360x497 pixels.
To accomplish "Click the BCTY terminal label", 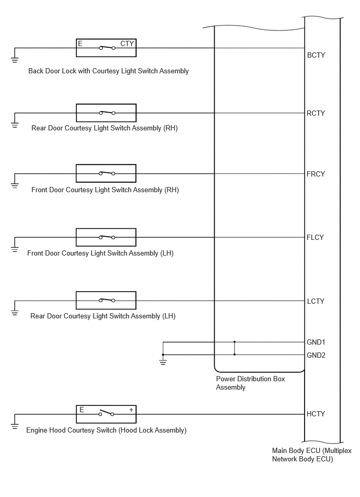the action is click(x=316, y=55).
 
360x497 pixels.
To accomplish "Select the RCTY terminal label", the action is click(x=316, y=113).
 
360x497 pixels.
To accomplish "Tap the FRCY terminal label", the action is click(x=316, y=174).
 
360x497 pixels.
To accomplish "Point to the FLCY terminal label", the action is click(x=315, y=237).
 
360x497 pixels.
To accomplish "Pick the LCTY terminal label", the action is click(x=316, y=301).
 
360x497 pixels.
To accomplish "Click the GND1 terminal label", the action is click(x=316, y=342).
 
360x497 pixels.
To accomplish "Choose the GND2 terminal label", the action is click(x=316, y=355).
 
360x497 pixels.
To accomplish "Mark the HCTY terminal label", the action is click(x=316, y=414).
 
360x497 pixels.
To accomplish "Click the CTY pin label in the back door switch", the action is click(x=127, y=44).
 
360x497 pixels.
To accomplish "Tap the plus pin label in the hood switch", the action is click(x=131, y=410).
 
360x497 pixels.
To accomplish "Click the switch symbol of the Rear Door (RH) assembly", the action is click(x=107, y=113).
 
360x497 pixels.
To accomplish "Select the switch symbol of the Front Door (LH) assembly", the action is click(x=107, y=237).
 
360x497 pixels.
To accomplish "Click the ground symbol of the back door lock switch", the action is click(x=15, y=60).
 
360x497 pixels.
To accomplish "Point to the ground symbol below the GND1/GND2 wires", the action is click(x=163, y=362).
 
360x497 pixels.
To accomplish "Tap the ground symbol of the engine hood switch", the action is click(x=15, y=426).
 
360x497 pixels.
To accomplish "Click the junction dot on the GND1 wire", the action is click(x=234, y=341).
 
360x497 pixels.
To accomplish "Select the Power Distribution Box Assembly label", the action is click(x=251, y=383).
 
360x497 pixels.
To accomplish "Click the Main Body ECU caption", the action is click(x=312, y=455).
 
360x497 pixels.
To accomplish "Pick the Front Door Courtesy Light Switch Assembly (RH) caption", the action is click(x=105, y=190).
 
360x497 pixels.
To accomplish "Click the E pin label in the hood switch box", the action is click(x=82, y=410).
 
